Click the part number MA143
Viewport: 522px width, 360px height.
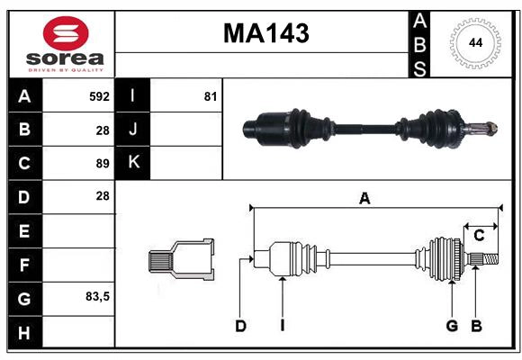tap(265, 34)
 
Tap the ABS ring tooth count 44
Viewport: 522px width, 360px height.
tap(473, 43)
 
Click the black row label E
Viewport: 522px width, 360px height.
tap(24, 231)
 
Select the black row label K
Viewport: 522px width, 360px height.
tap(133, 163)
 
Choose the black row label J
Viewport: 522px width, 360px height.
tap(133, 130)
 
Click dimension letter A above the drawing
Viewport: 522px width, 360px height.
tap(364, 199)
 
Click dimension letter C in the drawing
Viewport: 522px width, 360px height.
tap(479, 236)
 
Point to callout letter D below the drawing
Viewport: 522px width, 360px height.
tap(240, 326)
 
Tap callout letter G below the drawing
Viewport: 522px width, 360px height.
tap(452, 326)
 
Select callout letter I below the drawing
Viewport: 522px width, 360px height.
tap(282, 326)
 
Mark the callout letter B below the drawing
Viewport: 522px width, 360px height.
tap(476, 326)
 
